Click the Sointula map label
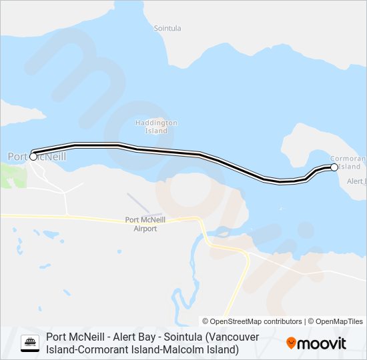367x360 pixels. (x=167, y=29)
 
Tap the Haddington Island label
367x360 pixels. (x=156, y=127)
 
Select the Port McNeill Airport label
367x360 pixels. (x=141, y=224)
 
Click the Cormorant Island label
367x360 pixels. (x=348, y=162)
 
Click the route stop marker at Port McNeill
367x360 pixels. (x=33, y=156)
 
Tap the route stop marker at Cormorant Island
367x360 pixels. (x=334, y=167)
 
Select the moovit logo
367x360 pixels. (x=316, y=343)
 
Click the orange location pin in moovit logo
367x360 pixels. (x=292, y=343)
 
